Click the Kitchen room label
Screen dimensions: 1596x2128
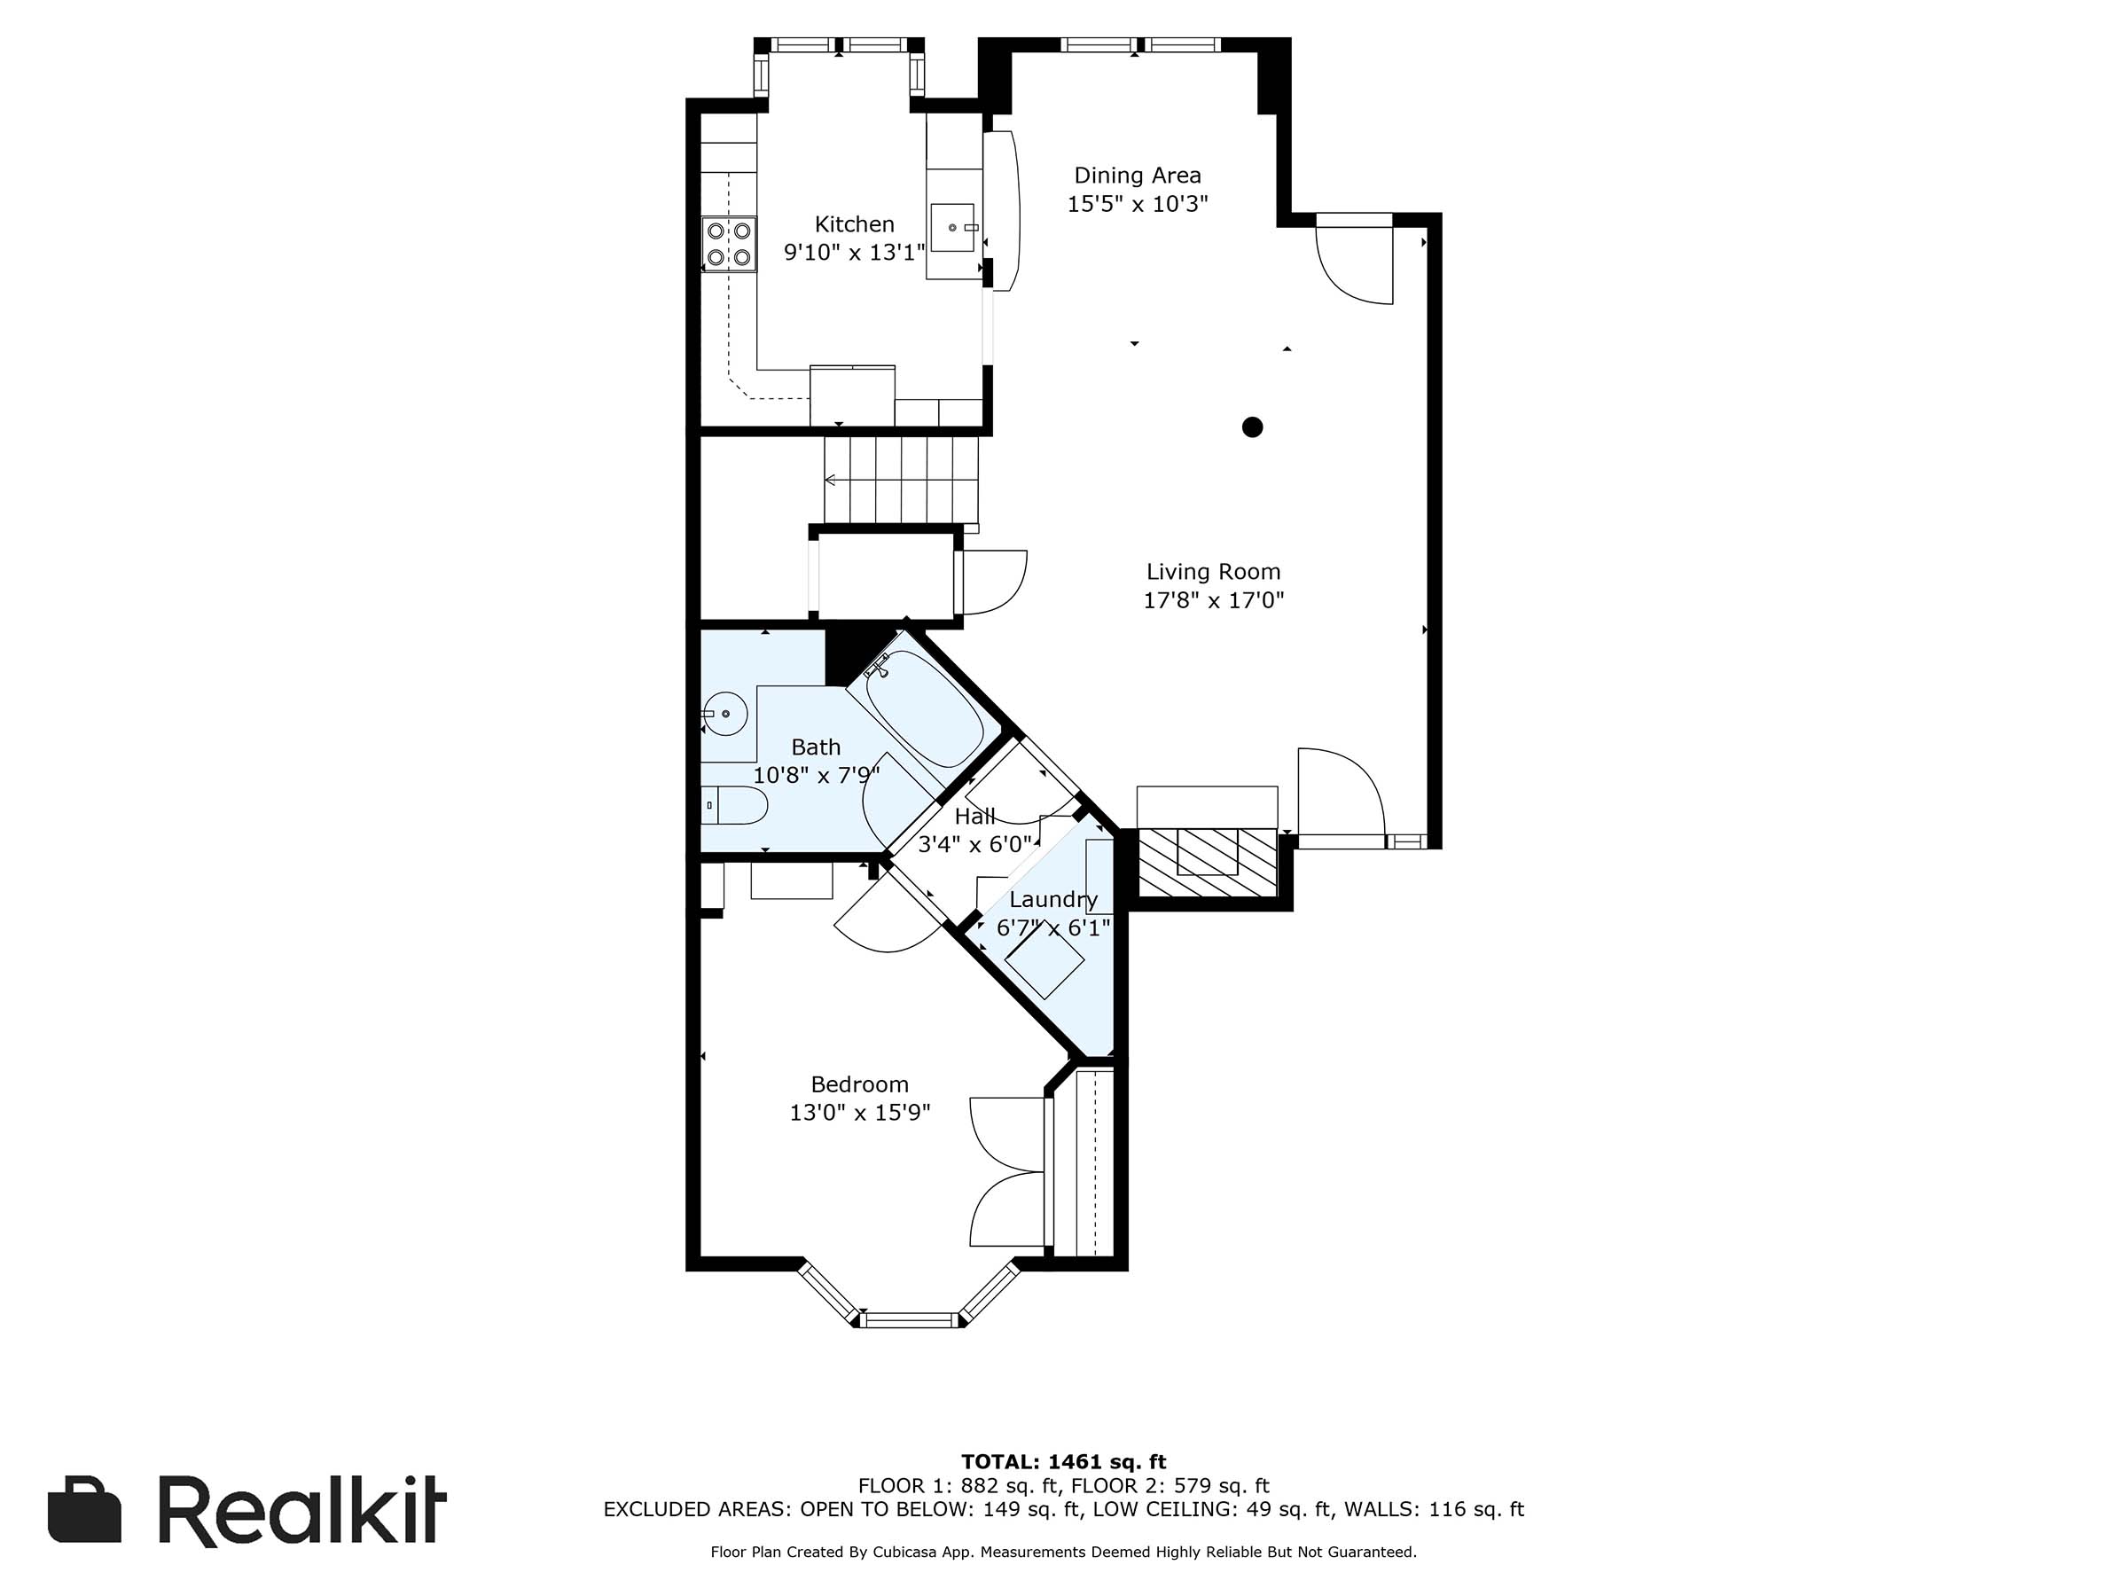[854, 224]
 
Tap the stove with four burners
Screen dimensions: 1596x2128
[728, 244]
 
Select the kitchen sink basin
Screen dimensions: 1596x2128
[952, 228]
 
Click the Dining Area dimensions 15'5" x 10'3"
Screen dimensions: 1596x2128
[1137, 204]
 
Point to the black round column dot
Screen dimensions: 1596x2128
[1252, 427]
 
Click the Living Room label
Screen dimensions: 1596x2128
[1213, 571]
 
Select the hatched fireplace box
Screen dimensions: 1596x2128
[1209, 862]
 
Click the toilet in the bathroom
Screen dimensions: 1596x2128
[735, 805]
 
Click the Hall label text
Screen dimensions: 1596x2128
[974, 817]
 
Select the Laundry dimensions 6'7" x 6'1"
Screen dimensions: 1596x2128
[1053, 928]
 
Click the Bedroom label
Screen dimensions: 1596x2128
[859, 1084]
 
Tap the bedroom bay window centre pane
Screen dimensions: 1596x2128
[910, 1320]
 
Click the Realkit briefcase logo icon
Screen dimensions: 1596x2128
[84, 1509]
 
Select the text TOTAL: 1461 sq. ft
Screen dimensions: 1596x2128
[1063, 1462]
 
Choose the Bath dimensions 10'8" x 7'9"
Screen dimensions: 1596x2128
[816, 776]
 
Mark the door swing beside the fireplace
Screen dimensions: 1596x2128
[1339, 791]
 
